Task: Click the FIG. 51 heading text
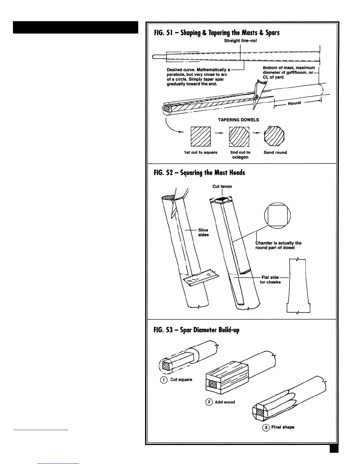(216, 33)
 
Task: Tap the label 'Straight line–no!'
(240, 41)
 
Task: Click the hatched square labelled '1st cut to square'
(201, 137)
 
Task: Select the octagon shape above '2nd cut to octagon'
(239, 137)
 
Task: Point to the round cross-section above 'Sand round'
(274, 136)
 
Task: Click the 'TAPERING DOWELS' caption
(238, 120)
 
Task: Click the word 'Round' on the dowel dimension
(294, 103)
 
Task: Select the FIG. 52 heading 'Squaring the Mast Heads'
(199, 172)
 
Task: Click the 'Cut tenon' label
(222, 186)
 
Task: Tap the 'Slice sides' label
(203, 232)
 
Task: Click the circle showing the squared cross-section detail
(277, 215)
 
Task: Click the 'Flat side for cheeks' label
(270, 279)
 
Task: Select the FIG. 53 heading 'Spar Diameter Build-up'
(196, 330)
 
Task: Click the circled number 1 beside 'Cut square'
(164, 380)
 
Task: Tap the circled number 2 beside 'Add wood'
(209, 402)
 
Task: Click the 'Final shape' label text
(282, 427)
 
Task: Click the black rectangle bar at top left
(75, 27)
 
